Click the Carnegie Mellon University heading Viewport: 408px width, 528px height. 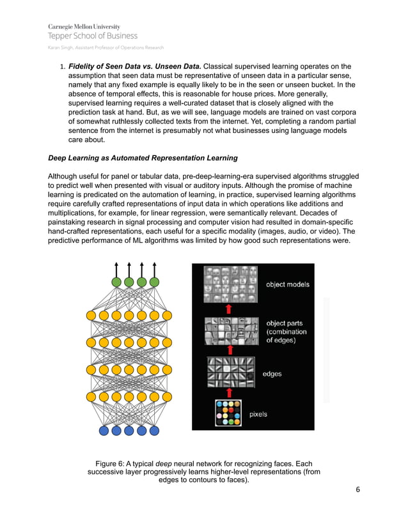pyautogui.click(x=84, y=26)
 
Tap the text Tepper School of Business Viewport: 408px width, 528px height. pyautogui.click(x=92, y=36)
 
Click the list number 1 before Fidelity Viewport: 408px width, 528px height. pyautogui.click(x=61, y=66)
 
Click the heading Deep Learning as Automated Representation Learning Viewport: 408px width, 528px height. pyautogui.click(x=143, y=158)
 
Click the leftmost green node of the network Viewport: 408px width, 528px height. pyautogui.click(x=116, y=282)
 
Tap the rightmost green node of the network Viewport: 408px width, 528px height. pyautogui.click(x=153, y=282)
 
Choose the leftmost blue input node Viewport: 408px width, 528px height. pyautogui.click(x=104, y=430)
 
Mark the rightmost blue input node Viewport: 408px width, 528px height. pyautogui.click(x=153, y=430)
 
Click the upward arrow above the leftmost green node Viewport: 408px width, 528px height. pyautogui.click(x=116, y=268)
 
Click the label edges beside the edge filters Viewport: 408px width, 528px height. pyautogui.click(x=272, y=374)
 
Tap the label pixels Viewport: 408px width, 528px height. pyautogui.click(x=258, y=414)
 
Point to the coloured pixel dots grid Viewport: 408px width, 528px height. pyautogui.click(x=228, y=413)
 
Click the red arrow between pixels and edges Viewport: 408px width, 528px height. pyautogui.click(x=228, y=392)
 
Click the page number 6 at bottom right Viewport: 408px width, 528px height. pyautogui.click(x=358, y=490)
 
